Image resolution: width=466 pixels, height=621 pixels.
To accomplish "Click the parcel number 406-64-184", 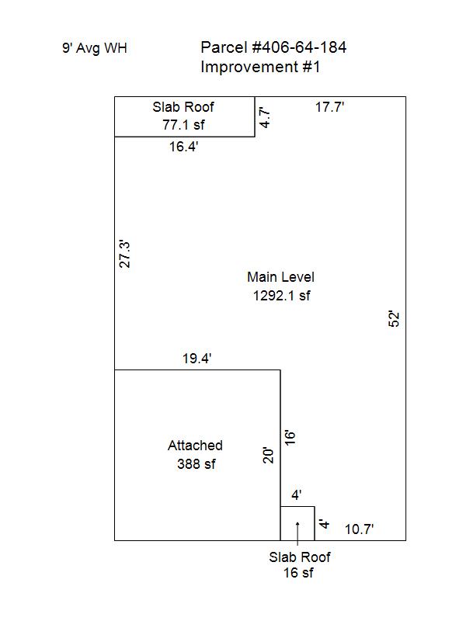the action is click(299, 47).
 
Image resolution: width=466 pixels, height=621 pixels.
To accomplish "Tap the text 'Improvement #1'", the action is click(260, 67).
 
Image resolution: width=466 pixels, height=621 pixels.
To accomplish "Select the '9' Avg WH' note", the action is click(94, 48).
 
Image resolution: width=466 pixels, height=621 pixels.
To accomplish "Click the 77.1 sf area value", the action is click(183, 125).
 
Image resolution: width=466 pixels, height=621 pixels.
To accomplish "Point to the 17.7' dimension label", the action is click(329, 107).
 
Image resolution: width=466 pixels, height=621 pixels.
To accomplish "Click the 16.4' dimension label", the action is click(183, 147).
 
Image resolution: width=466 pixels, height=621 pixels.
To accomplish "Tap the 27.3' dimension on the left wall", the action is click(125, 254).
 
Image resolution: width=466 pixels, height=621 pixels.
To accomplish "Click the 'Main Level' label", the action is click(280, 277).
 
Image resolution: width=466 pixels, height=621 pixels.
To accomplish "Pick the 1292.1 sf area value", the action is click(281, 296).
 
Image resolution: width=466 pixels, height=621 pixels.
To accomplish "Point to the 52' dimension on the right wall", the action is click(394, 319).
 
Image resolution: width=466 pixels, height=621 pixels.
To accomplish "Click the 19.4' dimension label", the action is click(196, 359).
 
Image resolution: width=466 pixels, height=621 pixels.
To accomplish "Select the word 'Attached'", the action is click(195, 446).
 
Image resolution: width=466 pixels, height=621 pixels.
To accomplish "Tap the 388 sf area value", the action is click(196, 463).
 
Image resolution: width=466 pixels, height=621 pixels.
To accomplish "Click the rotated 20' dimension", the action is click(268, 456).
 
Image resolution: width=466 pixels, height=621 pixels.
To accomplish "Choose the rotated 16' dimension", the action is click(290, 438).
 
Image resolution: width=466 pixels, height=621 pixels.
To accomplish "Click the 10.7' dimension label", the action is click(359, 529).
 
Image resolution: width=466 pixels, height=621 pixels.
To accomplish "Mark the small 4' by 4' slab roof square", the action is click(297, 507).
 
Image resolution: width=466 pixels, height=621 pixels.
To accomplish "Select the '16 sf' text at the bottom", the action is click(298, 573).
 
